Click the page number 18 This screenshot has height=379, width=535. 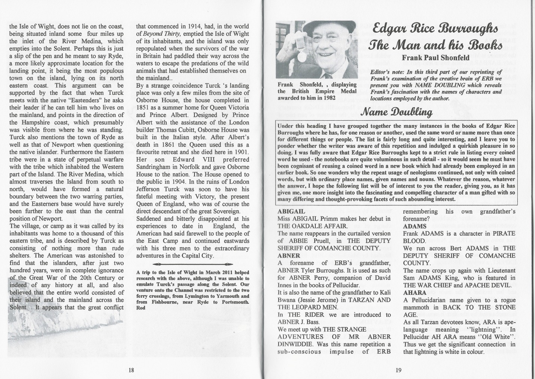pyautogui.click(x=131, y=370)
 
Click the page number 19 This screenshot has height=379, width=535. pyautogui.click(x=398, y=370)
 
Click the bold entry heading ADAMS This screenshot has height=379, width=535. pyautogui.click(x=415, y=226)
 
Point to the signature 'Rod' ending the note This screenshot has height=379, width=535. pyautogui.click(x=140, y=308)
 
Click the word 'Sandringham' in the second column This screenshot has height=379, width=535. pyautogui.click(x=155, y=167)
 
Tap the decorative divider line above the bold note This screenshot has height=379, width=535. pyautogui.click(x=193, y=264)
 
